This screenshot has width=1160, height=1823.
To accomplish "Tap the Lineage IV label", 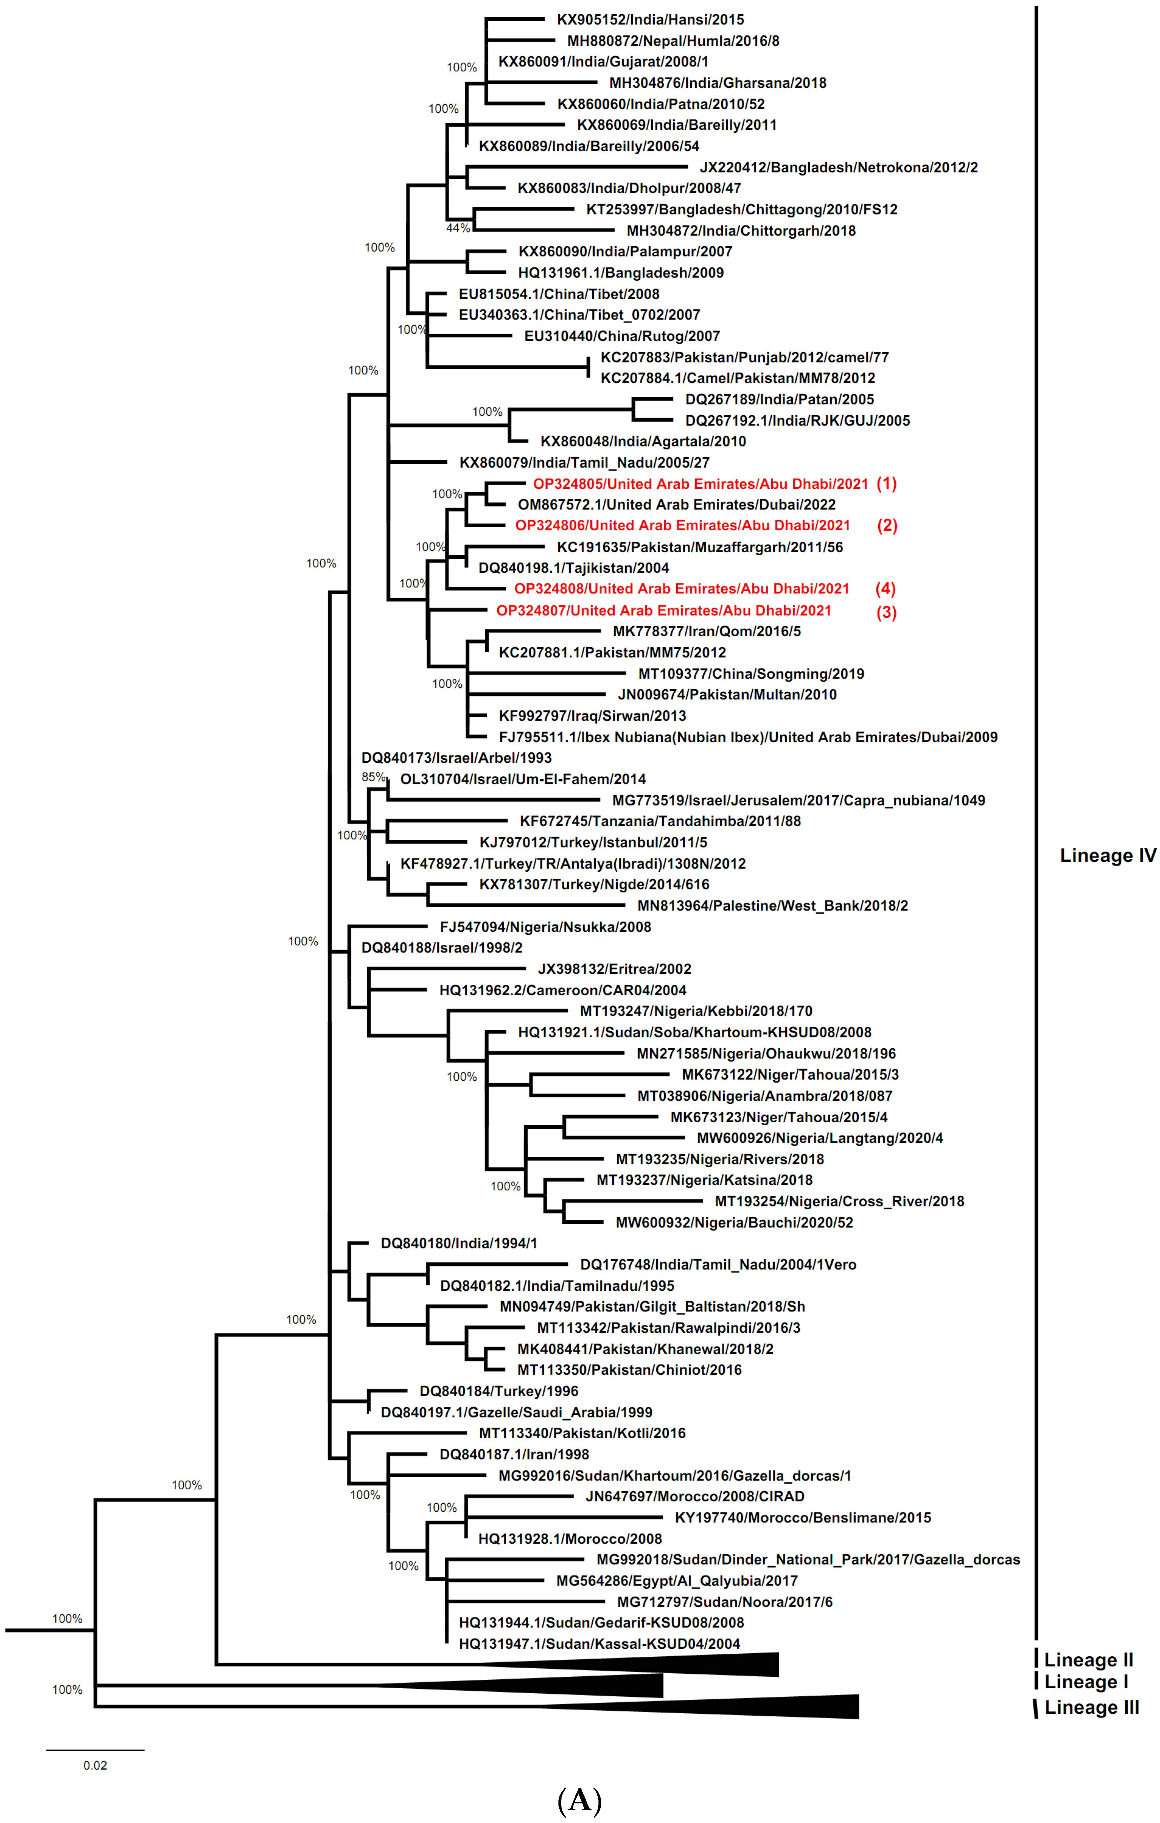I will click(1107, 856).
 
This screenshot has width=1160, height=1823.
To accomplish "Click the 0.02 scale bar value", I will click(95, 1765).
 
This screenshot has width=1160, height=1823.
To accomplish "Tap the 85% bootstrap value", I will click(373, 777).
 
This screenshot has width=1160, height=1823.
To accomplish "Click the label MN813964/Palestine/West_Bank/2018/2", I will click(772, 906).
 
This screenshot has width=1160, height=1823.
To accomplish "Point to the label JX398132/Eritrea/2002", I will click(614, 969).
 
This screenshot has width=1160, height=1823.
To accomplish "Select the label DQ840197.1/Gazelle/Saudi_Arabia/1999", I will click(516, 1413).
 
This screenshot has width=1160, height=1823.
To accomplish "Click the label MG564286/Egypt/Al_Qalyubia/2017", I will click(677, 1581).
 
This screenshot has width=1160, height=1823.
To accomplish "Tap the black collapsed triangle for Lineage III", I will click(795, 1706).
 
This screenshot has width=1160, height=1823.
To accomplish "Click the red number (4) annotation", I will click(885, 589).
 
